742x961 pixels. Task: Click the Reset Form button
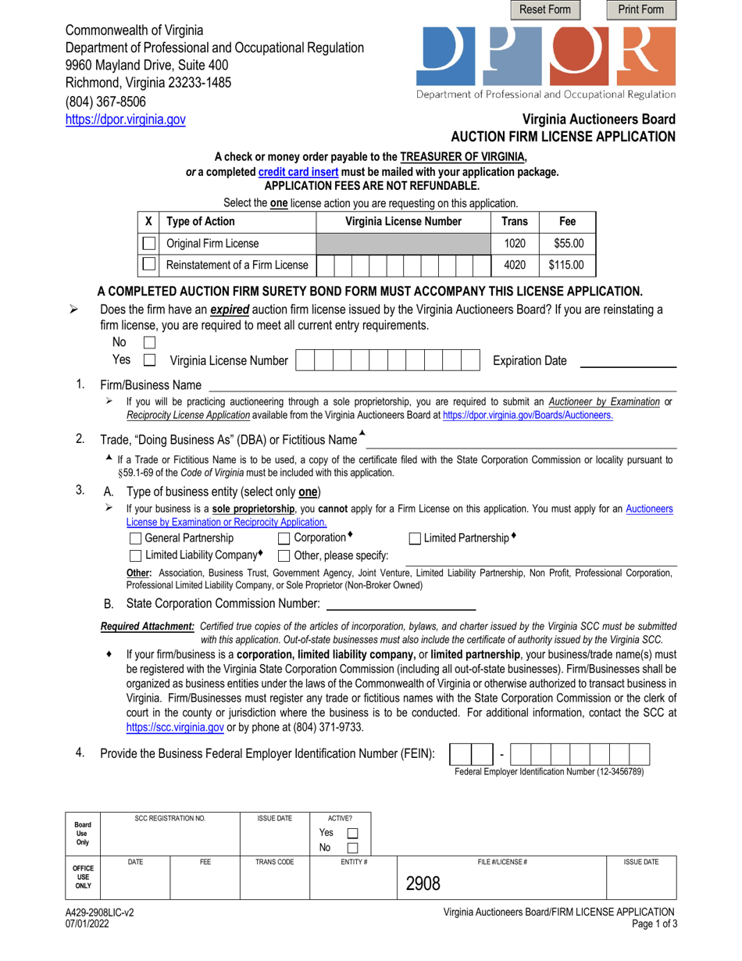pos(545,10)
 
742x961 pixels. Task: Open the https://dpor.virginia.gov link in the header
pos(125,120)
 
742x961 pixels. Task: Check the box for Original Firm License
pos(148,243)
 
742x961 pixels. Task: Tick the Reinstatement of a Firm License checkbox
pos(148,265)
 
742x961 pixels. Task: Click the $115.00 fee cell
pos(565,265)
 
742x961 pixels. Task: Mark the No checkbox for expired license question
pos(150,342)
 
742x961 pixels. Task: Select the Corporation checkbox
pos(284,538)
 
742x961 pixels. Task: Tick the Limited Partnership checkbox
pos(415,538)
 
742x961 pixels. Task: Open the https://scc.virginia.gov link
pos(175,727)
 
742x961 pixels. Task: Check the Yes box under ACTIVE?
pos(352,833)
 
